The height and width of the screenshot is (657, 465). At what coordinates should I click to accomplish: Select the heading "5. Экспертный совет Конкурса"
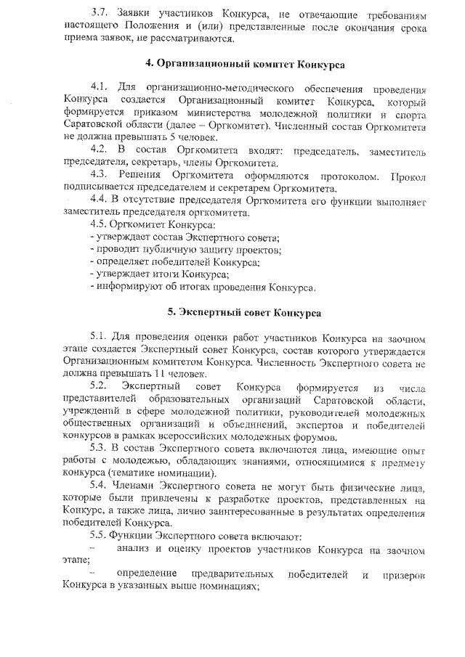coord(245,313)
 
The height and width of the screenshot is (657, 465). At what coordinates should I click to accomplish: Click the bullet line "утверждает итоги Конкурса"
coord(159,274)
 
